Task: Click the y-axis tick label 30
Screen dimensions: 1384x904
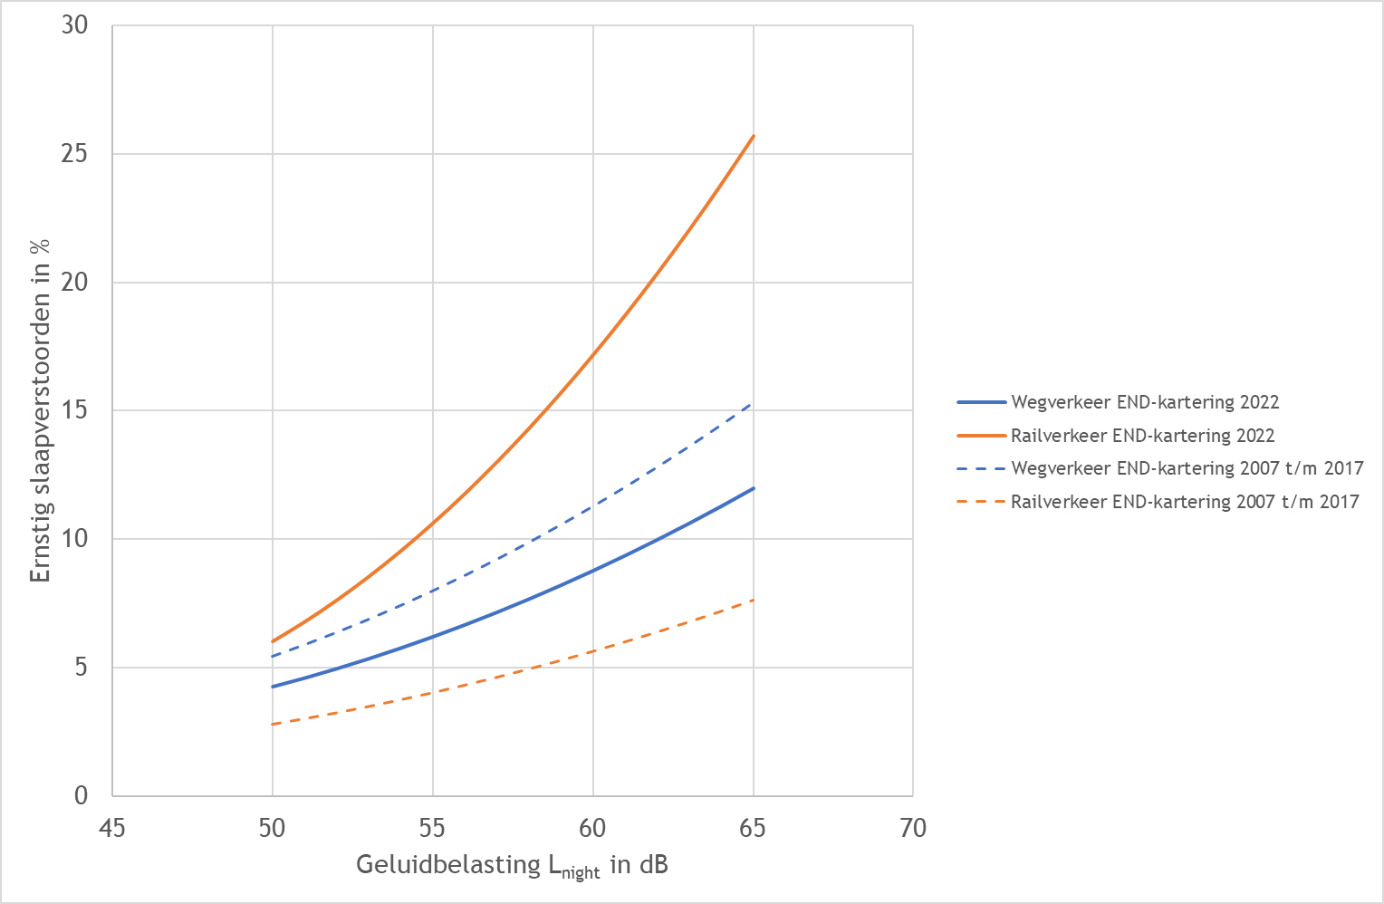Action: [x=75, y=25]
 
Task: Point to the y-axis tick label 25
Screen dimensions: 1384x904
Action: [x=75, y=154]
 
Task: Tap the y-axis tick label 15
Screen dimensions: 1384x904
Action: [x=75, y=410]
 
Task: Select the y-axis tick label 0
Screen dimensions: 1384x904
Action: [x=82, y=796]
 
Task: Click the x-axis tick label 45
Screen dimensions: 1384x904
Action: [x=111, y=829]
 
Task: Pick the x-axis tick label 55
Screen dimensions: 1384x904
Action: [x=433, y=829]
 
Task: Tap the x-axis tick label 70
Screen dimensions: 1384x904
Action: [x=913, y=829]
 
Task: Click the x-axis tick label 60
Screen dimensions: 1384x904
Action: [x=592, y=829]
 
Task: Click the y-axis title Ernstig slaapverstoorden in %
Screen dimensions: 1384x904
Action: [x=40, y=410]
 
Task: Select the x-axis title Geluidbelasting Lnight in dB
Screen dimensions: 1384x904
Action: [x=512, y=866]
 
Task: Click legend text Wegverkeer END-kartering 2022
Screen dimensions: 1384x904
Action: [x=1145, y=402]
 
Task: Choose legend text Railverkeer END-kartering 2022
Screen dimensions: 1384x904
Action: [x=1142, y=436]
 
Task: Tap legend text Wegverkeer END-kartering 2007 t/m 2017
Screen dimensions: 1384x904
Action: [x=1187, y=468]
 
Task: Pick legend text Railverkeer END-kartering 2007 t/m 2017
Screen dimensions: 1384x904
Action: [x=1185, y=502]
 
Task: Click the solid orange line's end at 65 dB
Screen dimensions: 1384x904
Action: [x=754, y=135]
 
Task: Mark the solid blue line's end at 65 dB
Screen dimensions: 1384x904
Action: [x=754, y=488]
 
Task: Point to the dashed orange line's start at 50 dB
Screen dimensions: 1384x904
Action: [x=272, y=724]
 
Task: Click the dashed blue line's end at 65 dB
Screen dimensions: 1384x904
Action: [x=752, y=403]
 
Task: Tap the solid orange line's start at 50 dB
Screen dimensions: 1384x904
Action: [x=273, y=642]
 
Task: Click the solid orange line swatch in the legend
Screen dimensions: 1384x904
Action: [x=981, y=436]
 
